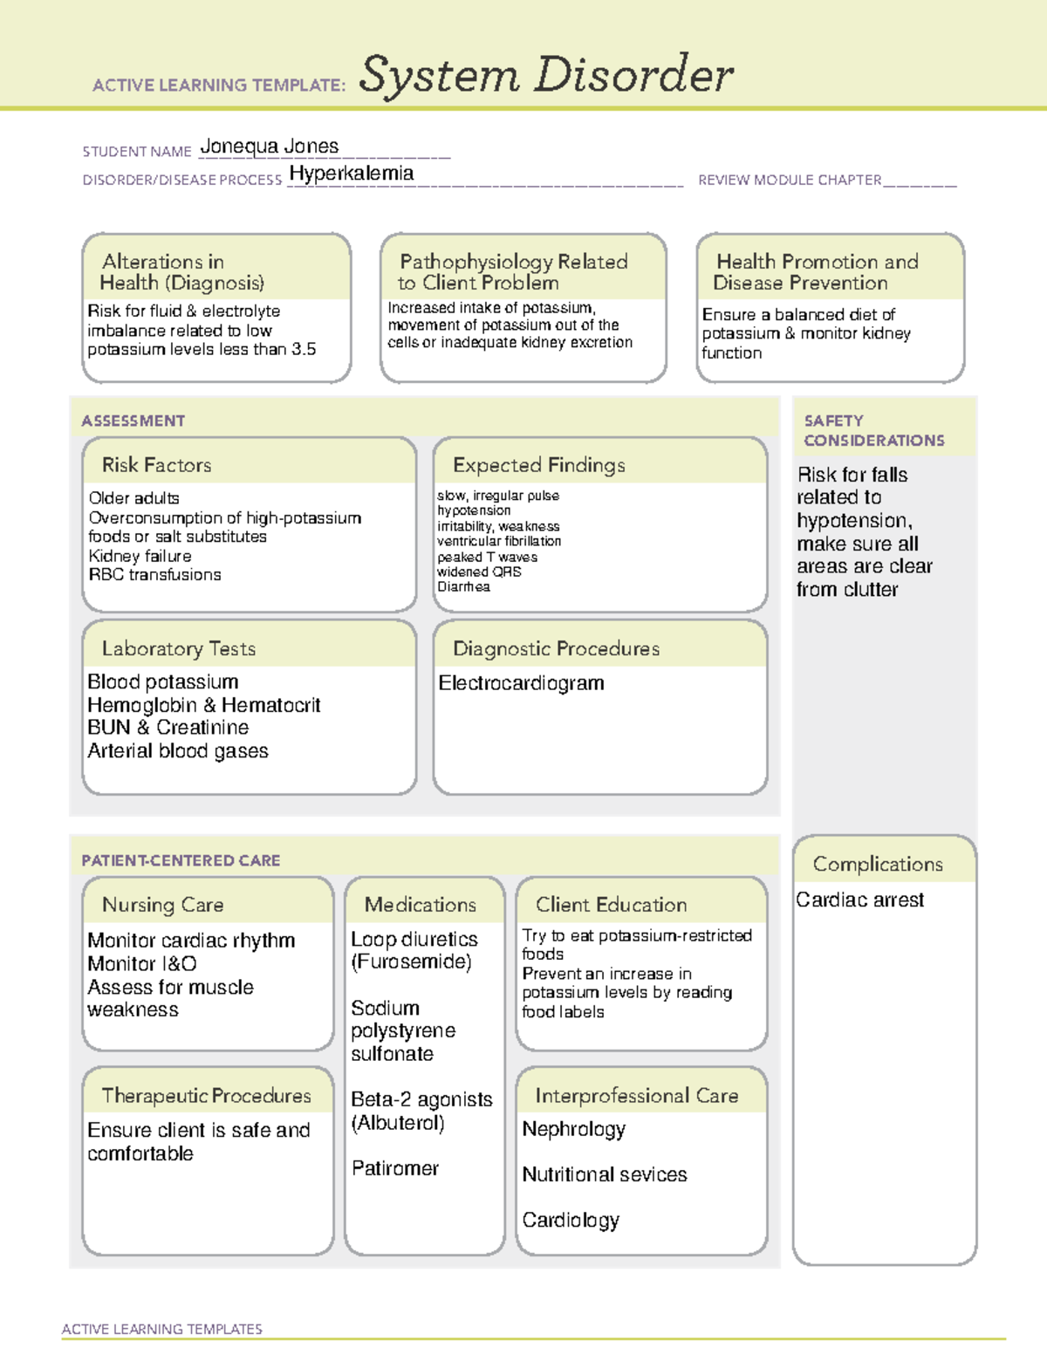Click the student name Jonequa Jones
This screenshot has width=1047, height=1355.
[269, 147]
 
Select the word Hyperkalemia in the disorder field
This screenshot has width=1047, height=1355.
[351, 174]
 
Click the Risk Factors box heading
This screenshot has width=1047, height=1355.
[156, 465]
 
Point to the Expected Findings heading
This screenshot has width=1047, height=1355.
[538, 465]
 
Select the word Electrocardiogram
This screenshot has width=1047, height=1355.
[521, 683]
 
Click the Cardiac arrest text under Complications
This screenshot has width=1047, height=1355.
[859, 900]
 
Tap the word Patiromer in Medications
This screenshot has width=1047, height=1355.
[394, 1168]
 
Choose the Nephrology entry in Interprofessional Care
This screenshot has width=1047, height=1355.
[573, 1129]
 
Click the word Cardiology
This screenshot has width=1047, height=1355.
[571, 1220]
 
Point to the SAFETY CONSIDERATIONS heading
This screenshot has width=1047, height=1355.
[873, 430]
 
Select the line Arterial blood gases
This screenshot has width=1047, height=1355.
[178, 751]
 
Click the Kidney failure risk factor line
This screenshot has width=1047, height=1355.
[140, 556]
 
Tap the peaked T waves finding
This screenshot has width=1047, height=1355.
[487, 557]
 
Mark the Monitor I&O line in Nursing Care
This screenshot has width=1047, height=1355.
[141, 963]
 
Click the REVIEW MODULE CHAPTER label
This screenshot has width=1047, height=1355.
[790, 180]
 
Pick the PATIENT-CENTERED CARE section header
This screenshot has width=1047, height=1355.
[181, 860]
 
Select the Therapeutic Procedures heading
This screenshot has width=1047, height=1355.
[206, 1095]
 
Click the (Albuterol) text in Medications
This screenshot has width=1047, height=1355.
[398, 1123]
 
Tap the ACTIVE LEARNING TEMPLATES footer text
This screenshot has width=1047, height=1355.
[161, 1329]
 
